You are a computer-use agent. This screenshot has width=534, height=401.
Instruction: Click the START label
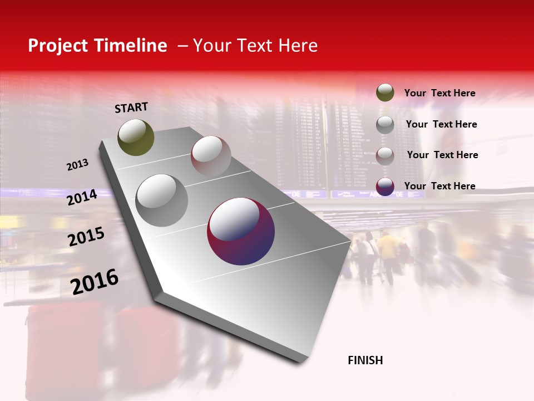coord(131,107)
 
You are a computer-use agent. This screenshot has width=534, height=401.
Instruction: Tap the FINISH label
coord(365,360)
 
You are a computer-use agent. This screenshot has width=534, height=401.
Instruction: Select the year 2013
coord(77,165)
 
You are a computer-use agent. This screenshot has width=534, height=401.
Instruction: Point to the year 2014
coord(82,197)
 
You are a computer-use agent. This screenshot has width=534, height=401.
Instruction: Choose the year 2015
coord(86,237)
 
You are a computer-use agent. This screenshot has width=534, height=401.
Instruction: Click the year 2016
coord(95,282)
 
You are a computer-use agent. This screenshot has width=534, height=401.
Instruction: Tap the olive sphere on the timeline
coord(136,137)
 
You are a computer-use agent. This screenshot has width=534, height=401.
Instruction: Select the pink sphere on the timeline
coord(211,155)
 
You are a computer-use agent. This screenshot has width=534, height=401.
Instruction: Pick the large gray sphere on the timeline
coord(161,200)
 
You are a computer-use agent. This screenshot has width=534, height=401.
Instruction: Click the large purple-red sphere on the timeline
coord(241,231)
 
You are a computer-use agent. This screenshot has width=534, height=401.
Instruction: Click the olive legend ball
coord(385,92)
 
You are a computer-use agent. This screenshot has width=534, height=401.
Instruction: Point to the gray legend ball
coord(385,124)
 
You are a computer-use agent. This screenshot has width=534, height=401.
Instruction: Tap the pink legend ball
coord(385,155)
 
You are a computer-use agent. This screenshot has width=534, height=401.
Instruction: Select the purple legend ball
coord(385,187)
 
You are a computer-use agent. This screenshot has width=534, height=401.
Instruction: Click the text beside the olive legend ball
coord(439,93)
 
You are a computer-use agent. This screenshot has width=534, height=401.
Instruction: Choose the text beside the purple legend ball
coord(439,186)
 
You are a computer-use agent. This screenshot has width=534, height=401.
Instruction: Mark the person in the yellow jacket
coord(388,248)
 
